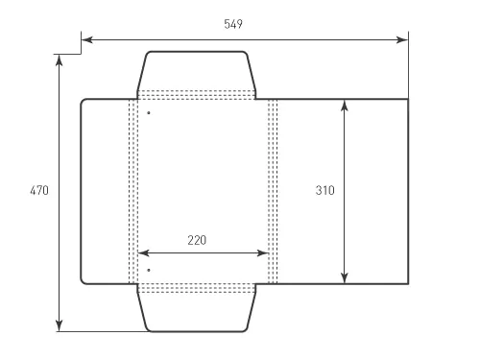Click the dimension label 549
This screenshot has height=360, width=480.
(232, 25)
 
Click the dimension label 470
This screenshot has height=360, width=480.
(39, 191)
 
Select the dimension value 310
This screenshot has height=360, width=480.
(325, 191)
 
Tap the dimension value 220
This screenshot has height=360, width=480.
(197, 240)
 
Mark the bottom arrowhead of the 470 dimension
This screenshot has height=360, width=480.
(60, 326)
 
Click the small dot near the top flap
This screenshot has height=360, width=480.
(149, 113)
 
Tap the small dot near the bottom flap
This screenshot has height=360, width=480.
(149, 271)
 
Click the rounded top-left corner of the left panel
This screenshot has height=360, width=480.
(83, 101)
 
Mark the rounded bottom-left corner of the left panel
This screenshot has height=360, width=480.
(83, 282)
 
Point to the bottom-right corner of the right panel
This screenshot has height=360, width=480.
(407, 284)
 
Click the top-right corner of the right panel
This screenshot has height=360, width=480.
(407, 99)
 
